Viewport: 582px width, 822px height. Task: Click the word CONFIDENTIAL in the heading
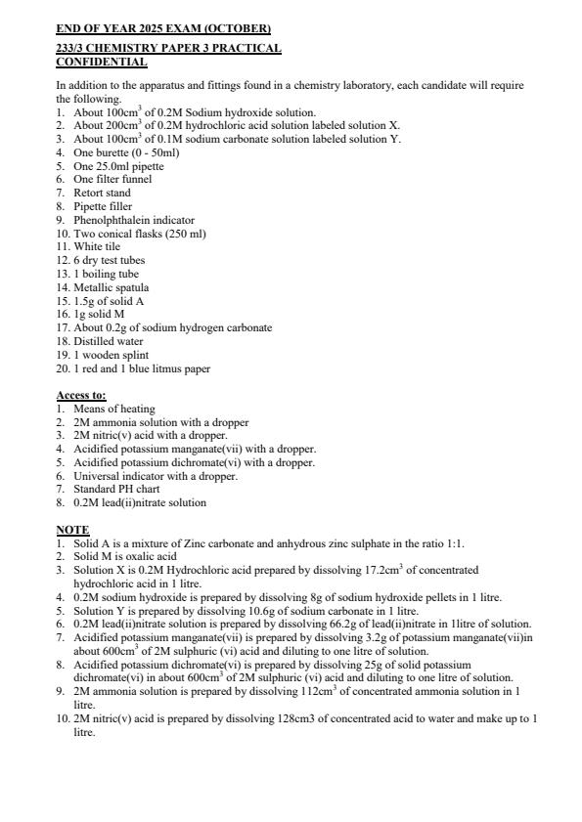102,63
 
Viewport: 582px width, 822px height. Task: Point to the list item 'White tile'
96,247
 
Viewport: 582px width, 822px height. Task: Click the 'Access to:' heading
81,395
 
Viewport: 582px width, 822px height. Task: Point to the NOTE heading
72,530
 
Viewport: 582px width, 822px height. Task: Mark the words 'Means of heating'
114,409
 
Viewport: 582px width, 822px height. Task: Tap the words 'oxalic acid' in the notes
143,555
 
